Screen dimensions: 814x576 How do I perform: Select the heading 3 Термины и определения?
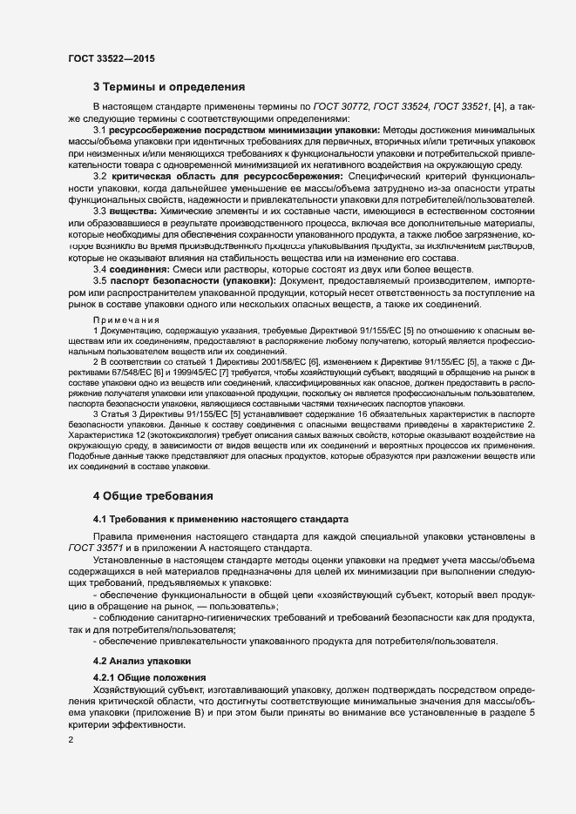click(169, 87)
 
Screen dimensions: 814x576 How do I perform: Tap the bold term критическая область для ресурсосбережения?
click(222, 176)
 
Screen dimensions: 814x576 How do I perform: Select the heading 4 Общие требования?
click(152, 496)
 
